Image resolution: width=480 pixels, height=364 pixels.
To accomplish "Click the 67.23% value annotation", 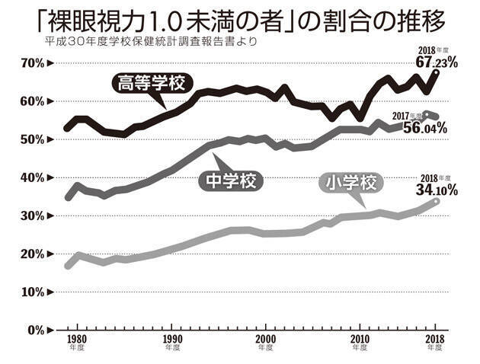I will tap(437, 63).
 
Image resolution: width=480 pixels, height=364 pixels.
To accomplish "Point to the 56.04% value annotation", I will tap(424, 129).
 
